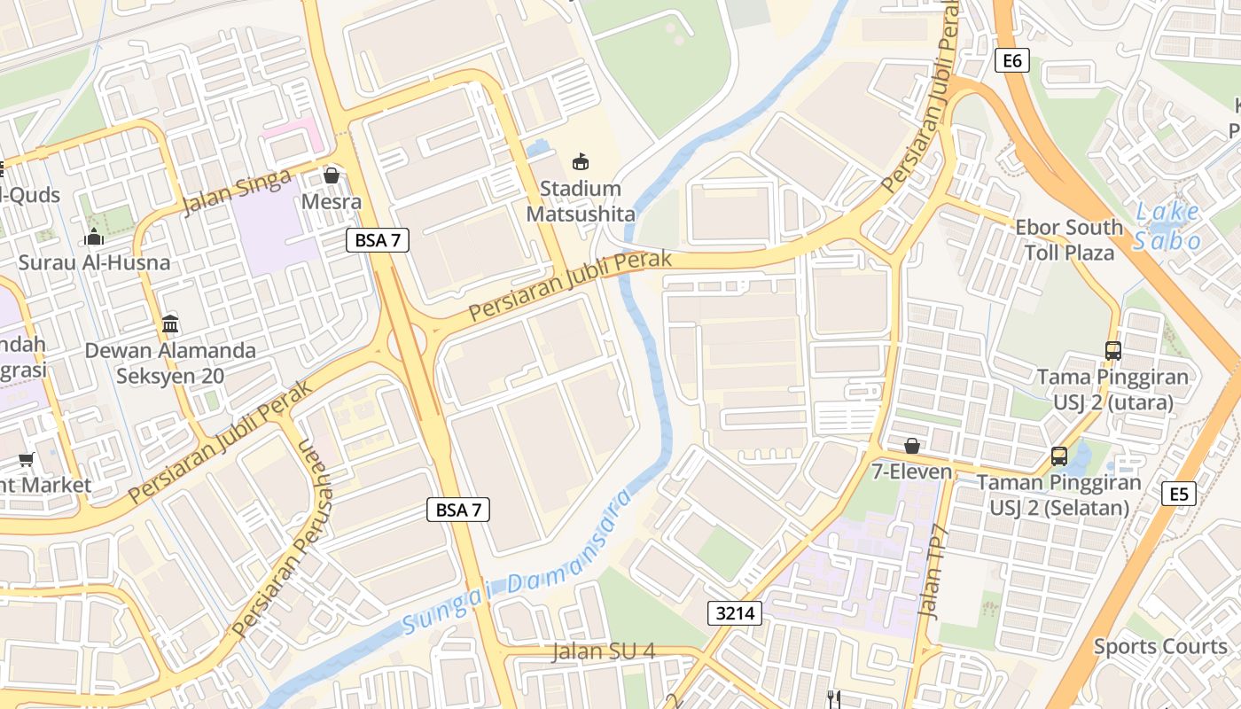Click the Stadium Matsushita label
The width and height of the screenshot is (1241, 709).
(x=581, y=201)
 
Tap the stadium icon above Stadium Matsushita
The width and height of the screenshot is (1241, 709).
(x=581, y=161)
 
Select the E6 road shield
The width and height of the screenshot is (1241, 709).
(x=1011, y=60)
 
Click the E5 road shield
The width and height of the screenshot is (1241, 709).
(x=1178, y=494)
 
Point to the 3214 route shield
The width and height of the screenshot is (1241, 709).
(x=735, y=612)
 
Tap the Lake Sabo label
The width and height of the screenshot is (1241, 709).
(x=1168, y=226)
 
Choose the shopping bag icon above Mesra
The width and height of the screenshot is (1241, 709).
(x=332, y=175)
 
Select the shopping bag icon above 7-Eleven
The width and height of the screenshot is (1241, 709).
(x=911, y=445)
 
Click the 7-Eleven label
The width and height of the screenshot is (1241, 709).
(x=911, y=471)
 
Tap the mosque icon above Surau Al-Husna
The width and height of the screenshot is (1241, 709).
(x=94, y=237)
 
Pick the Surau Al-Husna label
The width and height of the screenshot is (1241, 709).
(x=94, y=262)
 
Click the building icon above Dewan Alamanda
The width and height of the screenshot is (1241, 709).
(x=170, y=323)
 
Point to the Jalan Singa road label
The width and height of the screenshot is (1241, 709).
(x=236, y=193)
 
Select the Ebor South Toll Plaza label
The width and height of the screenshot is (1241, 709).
(x=1069, y=240)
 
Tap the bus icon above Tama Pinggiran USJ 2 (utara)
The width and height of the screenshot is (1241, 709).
(x=1113, y=350)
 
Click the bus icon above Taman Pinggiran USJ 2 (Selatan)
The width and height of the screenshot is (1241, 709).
(x=1058, y=456)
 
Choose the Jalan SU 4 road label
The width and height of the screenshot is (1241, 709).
(x=603, y=651)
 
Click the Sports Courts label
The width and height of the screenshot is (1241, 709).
(x=1159, y=646)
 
